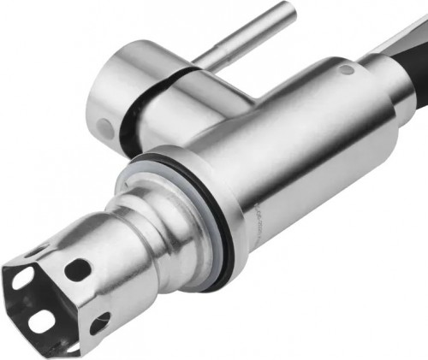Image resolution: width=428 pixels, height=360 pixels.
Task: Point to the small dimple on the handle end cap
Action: [x=104, y=128]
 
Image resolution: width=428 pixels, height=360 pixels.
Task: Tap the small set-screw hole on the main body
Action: [x=345, y=69]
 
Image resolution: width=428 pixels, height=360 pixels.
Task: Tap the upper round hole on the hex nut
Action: [x=78, y=269]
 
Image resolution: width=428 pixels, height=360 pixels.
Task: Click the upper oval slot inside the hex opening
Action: [x=23, y=278]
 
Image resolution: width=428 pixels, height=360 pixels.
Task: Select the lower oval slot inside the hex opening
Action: [x=42, y=321]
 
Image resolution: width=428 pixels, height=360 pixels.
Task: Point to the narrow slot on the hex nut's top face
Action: [x=34, y=251]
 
